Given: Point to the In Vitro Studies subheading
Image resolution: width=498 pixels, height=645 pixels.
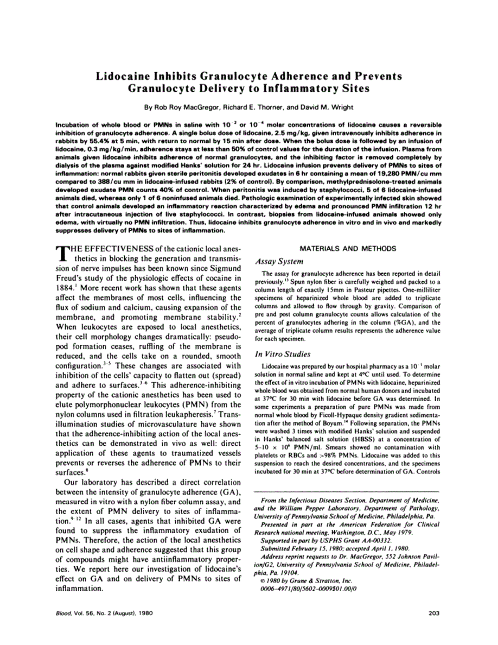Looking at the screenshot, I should (282, 355).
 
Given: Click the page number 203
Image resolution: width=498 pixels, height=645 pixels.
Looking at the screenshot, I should (433, 614).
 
